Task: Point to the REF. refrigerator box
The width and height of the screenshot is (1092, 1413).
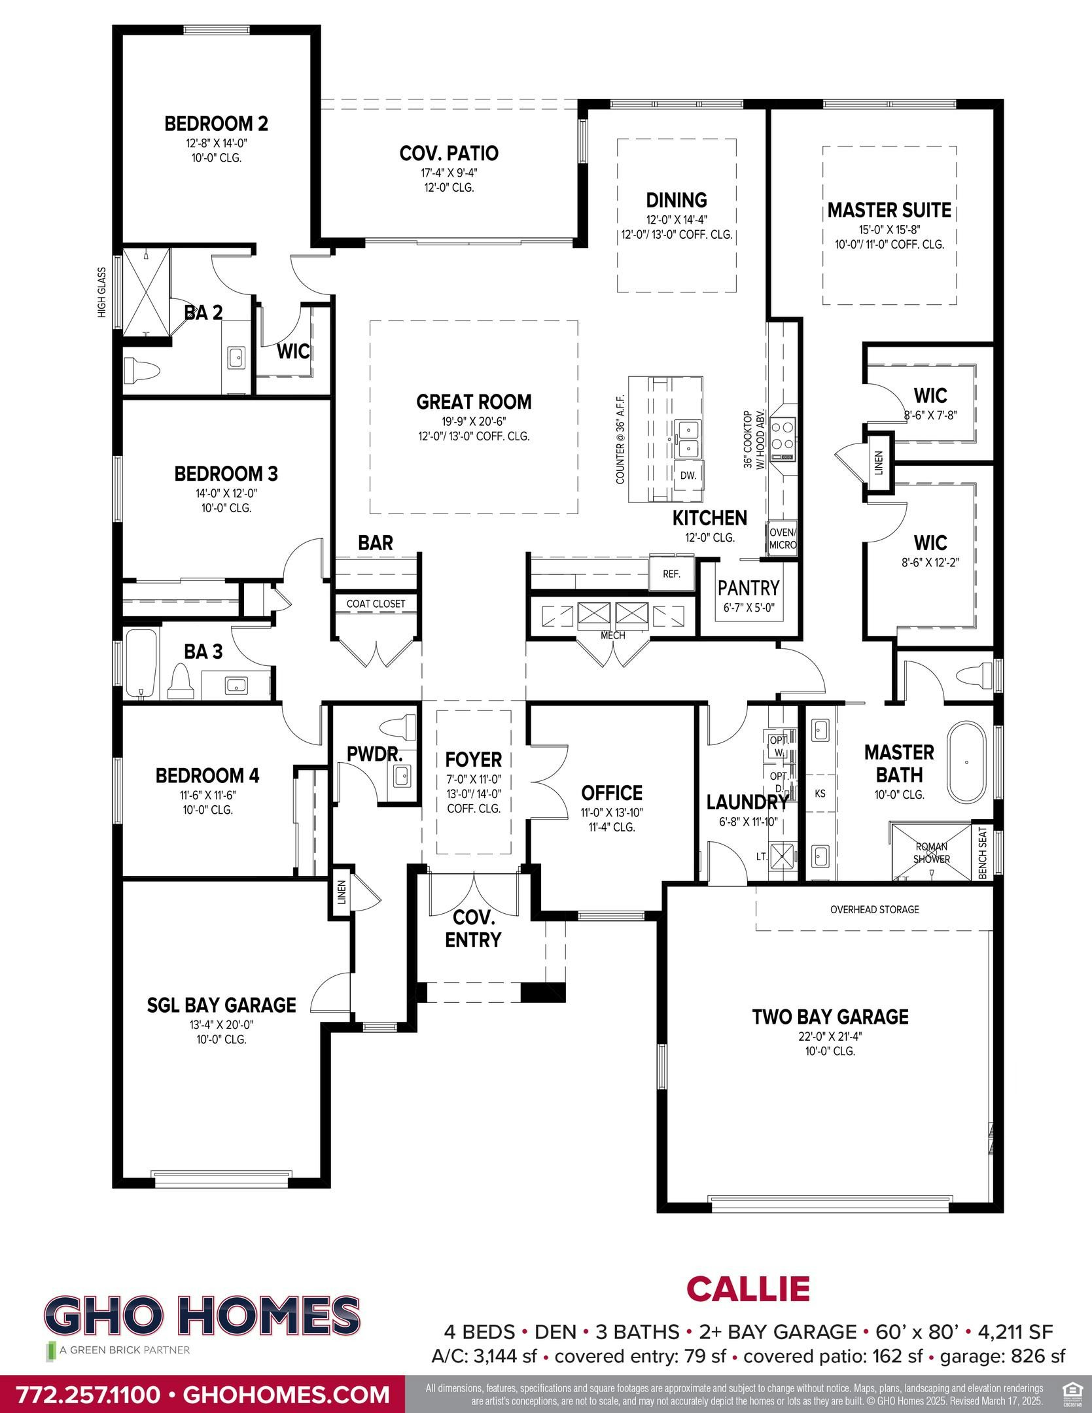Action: [x=671, y=574]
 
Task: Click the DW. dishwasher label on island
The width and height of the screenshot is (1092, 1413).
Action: [x=688, y=475]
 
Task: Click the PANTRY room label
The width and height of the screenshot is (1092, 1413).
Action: [x=749, y=587]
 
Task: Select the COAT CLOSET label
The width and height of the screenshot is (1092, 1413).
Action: [x=376, y=604]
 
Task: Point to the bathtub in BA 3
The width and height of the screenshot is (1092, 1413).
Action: [x=141, y=663]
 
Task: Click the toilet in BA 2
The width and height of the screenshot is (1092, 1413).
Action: [x=141, y=372]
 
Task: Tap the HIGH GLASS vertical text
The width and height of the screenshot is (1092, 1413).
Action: [x=102, y=292]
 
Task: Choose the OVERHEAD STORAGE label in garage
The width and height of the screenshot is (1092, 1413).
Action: [x=874, y=909]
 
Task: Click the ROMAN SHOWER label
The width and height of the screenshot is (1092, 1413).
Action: [x=931, y=853]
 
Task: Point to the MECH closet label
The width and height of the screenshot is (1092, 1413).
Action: [x=612, y=635]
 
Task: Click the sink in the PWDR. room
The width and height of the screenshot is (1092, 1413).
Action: [x=401, y=778]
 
